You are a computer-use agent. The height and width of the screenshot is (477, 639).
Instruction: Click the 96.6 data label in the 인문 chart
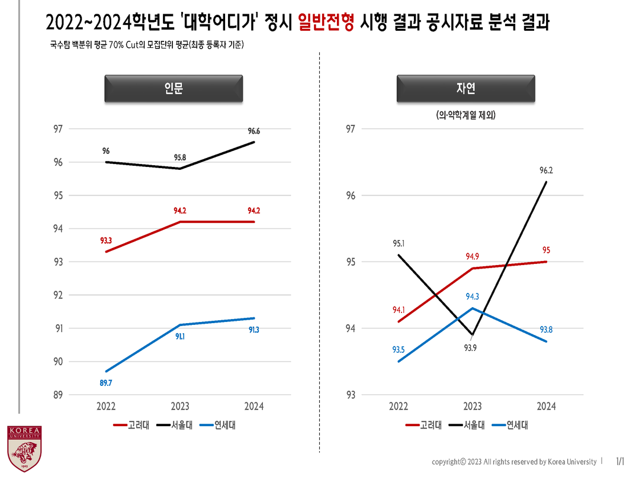254,131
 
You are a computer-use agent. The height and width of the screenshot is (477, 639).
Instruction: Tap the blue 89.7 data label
106,383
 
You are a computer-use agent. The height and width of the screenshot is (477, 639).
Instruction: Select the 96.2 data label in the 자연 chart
546,170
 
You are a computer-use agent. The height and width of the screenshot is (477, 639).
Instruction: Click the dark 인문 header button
174,89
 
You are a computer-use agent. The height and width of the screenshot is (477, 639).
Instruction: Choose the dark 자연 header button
465,89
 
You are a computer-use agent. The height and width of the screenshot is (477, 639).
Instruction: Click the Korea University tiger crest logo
24,448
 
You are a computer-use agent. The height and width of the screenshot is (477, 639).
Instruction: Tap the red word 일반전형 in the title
326,23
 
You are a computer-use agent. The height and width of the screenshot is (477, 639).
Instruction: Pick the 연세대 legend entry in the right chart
513,425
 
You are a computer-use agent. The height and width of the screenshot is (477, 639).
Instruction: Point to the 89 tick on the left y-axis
59,395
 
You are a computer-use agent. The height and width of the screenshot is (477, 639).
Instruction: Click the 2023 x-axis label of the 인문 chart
180,407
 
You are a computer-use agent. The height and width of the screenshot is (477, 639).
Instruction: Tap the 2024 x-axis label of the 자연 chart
546,407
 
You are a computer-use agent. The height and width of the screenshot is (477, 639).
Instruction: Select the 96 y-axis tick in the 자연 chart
351,195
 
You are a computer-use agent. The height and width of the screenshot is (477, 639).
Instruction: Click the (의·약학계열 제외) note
465,115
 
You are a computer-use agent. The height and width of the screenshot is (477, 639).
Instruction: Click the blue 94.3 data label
472,296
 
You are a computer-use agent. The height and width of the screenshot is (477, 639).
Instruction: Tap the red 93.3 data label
106,241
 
